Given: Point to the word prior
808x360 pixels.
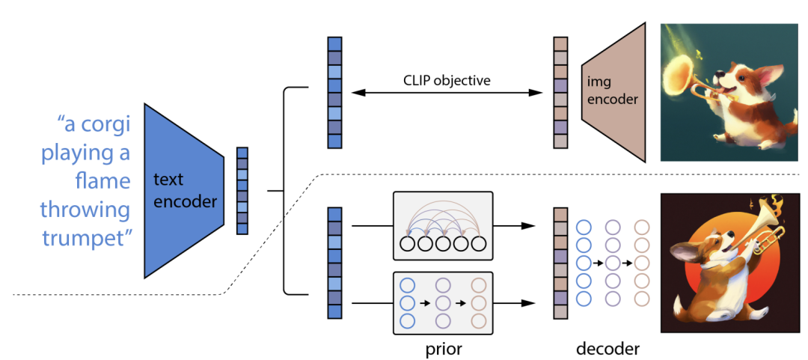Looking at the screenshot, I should point(442,348).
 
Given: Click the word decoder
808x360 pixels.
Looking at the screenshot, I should point(607,348).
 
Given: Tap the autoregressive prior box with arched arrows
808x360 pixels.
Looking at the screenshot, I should point(442,225).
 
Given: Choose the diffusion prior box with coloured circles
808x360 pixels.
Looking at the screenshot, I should point(442,303).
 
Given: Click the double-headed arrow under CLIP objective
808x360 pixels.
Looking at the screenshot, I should point(447,94).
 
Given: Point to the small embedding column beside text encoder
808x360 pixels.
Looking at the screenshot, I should point(242,191).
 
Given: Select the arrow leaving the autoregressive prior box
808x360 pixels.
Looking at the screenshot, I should point(516,225).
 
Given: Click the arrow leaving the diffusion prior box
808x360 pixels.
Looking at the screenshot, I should point(516,303).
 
